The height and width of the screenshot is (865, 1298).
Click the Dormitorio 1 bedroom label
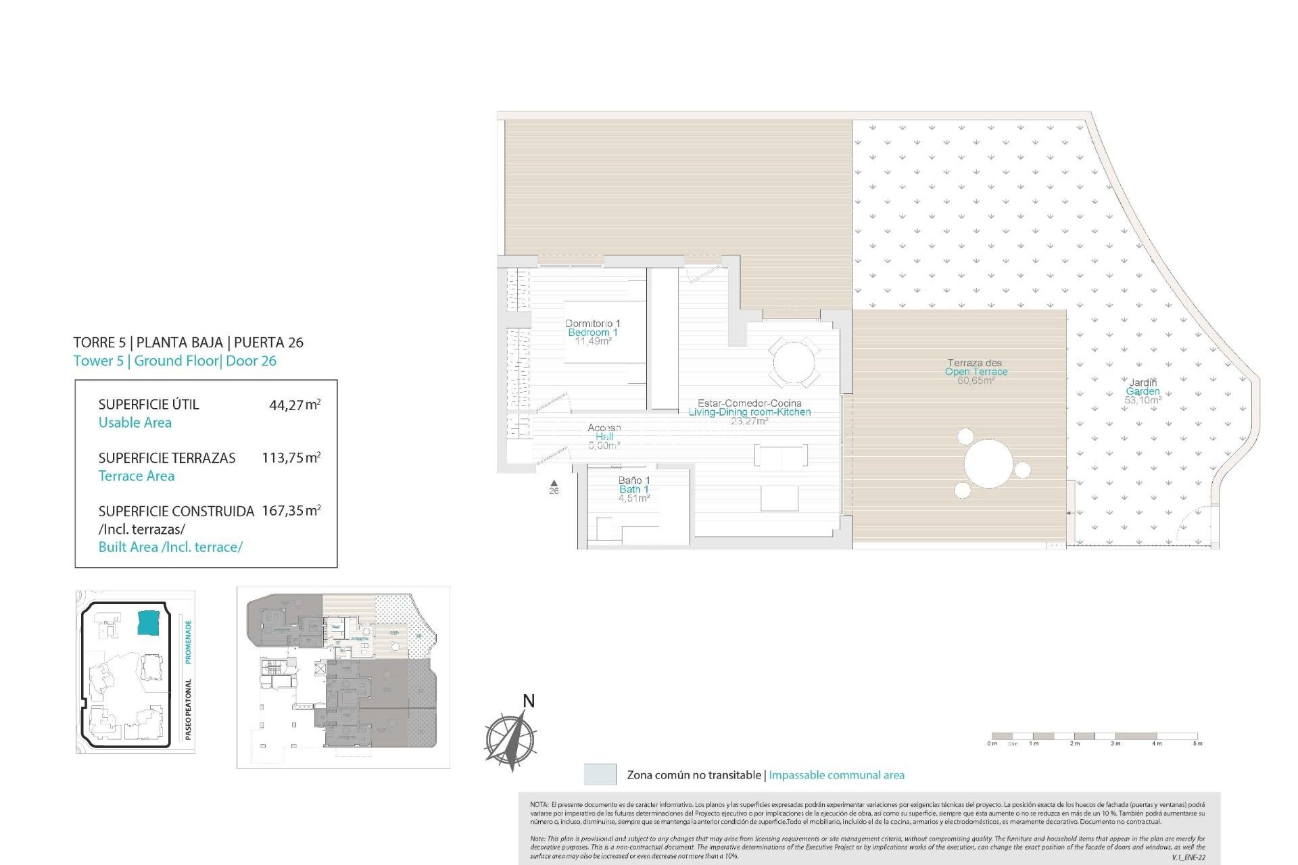click(x=592, y=332)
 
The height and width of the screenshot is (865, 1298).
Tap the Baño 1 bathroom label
click(x=633, y=489)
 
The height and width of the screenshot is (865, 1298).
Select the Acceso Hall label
click(x=604, y=436)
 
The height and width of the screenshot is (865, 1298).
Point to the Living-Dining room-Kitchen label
click(x=749, y=412)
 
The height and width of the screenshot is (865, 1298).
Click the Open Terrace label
click(x=976, y=371)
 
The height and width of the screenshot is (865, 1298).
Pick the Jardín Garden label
click(x=1143, y=391)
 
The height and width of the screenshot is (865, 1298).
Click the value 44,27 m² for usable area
click(x=294, y=405)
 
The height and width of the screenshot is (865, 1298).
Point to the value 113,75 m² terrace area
click(x=291, y=458)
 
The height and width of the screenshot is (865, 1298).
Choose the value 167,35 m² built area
click(x=291, y=511)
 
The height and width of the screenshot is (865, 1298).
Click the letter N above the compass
click(x=529, y=701)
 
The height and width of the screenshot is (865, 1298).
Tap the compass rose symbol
click(x=510, y=739)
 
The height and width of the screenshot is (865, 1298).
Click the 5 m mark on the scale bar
click(x=1197, y=743)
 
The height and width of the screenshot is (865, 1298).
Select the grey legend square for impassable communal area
click(x=600, y=774)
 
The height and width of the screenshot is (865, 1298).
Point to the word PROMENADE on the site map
click(x=189, y=641)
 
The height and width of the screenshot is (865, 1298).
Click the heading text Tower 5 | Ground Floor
click(x=174, y=361)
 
